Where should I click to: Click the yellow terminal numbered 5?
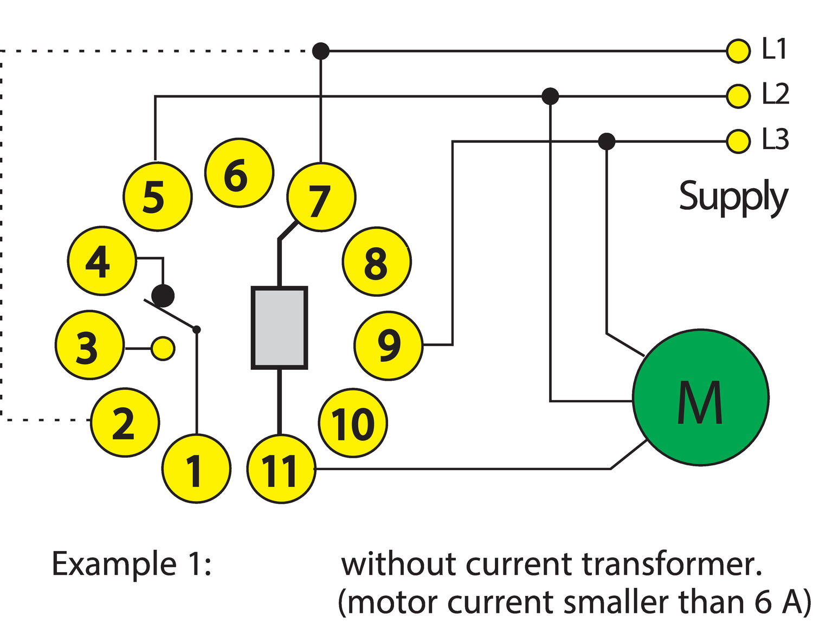pos(158,196)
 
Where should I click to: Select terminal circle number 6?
pos(239,172)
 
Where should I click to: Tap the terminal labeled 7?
pos(321,197)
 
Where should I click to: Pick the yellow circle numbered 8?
pos(377,262)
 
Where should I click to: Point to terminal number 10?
pos(353,423)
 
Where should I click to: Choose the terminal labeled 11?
pos(281,469)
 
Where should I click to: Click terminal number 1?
pos(196,469)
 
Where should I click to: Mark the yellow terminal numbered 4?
pos(101,261)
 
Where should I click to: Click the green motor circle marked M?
pos(700,397)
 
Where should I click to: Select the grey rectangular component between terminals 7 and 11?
pos(280,328)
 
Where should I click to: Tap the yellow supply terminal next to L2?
pos(738,97)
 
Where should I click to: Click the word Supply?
pos(733,197)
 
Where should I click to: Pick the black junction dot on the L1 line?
pos(321,51)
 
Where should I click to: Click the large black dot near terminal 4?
pos(163,296)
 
